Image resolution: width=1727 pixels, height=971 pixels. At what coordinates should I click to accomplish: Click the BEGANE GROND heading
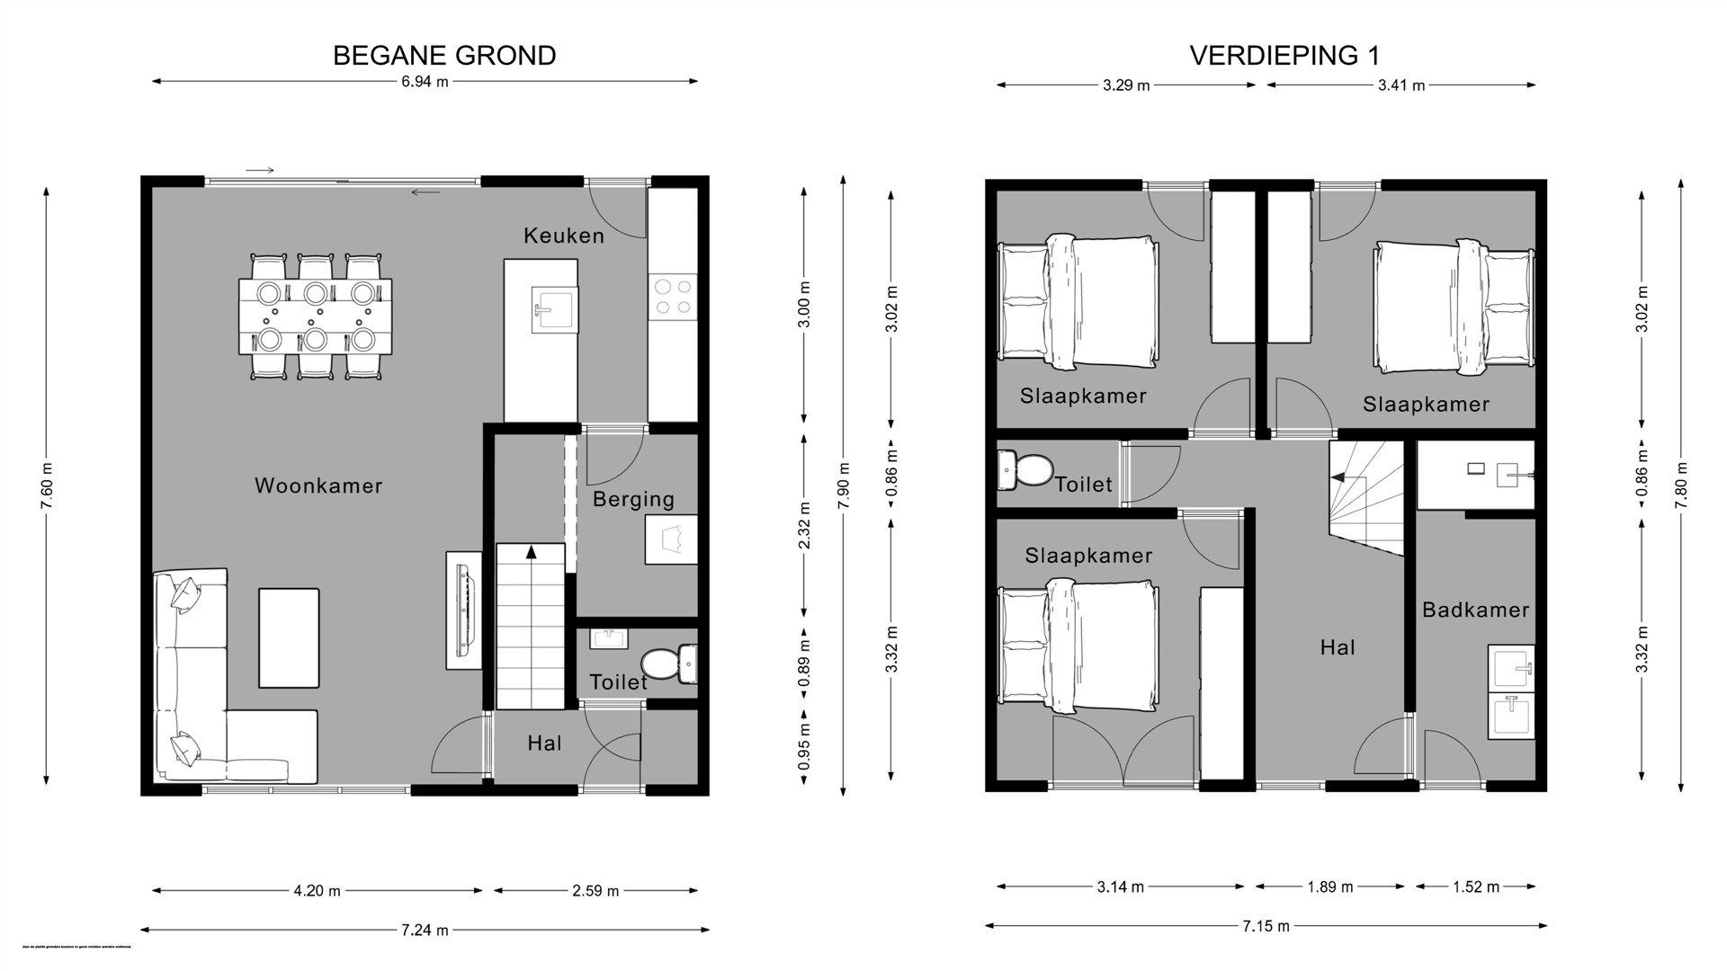[444, 56]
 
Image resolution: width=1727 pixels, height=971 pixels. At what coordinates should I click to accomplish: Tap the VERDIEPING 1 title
[1284, 56]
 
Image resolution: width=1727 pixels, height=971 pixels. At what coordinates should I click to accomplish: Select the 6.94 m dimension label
[425, 82]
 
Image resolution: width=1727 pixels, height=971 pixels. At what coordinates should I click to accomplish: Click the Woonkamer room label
[318, 486]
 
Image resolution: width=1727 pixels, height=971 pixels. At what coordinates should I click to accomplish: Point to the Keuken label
[564, 236]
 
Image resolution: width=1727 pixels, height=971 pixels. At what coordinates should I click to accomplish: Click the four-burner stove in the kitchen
[674, 297]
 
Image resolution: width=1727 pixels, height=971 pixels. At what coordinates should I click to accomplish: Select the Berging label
[633, 500]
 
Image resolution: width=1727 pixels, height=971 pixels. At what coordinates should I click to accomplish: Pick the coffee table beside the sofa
[289, 637]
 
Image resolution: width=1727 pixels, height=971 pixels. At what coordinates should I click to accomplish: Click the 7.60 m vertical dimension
[47, 485]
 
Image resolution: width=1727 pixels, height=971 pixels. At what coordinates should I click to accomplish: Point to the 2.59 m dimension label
[595, 891]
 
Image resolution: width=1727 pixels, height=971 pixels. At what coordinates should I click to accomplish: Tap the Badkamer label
[1475, 610]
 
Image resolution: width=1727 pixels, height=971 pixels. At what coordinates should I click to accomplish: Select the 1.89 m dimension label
[1329, 887]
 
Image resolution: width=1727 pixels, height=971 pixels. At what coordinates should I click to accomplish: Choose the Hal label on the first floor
[1338, 647]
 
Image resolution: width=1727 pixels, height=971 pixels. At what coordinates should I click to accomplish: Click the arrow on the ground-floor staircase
[531, 551]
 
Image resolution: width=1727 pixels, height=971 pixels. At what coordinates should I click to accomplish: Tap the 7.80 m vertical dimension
[1679, 485]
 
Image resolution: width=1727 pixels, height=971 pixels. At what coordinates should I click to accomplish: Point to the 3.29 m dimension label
[1126, 86]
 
